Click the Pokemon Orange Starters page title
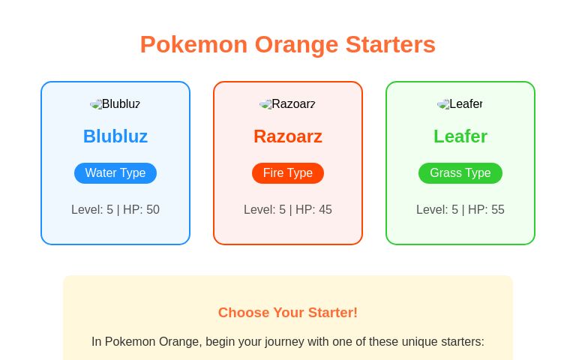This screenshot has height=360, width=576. (287, 44)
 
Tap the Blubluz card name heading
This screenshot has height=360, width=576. (115, 136)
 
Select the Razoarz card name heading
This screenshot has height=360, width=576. (288, 136)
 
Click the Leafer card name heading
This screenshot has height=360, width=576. (460, 136)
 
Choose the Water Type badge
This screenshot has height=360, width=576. (115, 173)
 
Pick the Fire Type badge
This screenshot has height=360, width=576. (288, 173)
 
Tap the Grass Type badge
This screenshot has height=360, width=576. (460, 173)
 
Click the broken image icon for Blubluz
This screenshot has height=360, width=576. (96, 104)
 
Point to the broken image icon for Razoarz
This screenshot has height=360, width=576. (265, 104)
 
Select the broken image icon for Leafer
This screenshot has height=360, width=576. (443, 104)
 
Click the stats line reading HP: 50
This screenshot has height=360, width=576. (115, 210)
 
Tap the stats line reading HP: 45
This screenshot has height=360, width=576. (288, 210)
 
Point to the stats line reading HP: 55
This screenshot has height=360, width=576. (460, 210)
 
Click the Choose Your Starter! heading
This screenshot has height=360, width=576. (288, 313)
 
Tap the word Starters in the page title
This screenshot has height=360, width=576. (390, 44)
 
